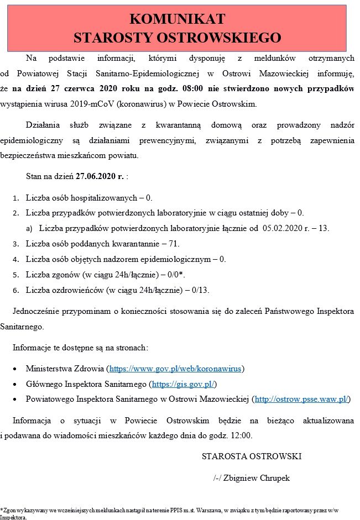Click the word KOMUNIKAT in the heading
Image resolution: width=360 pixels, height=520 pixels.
(x=177, y=19)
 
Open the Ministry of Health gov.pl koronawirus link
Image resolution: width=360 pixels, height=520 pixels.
(x=176, y=368)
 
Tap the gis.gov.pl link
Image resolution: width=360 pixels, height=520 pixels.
(x=182, y=384)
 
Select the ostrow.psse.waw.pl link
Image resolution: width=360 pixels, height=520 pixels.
(x=301, y=398)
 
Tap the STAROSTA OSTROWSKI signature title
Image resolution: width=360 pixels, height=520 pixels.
(x=252, y=456)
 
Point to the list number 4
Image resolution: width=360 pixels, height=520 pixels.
(x=15, y=259)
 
